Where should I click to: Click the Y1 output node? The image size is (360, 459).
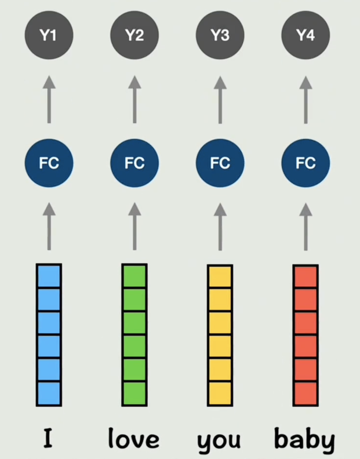click(49, 35)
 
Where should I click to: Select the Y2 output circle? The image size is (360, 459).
click(134, 35)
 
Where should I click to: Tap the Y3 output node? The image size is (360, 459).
click(220, 35)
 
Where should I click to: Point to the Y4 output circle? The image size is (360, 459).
click(306, 35)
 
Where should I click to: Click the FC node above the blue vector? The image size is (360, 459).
click(49, 163)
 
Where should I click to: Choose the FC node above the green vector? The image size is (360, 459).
click(134, 163)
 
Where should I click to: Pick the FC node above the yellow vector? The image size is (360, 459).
click(220, 163)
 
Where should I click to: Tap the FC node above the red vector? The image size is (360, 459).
click(306, 163)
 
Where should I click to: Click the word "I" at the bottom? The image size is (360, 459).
click(48, 439)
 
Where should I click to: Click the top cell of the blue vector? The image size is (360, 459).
click(49, 276)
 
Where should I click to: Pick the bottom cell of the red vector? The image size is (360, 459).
click(306, 394)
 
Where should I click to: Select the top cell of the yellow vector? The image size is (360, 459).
click(220, 276)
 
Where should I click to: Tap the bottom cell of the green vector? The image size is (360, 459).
click(134, 394)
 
